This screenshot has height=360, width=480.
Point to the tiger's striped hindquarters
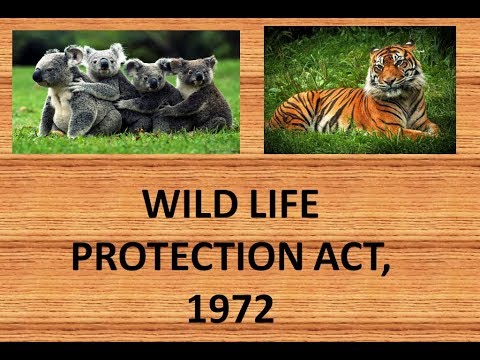click(x=300, y=110)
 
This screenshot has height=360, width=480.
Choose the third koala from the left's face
click(x=148, y=75)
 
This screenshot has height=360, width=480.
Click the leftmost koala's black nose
click(x=38, y=76)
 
